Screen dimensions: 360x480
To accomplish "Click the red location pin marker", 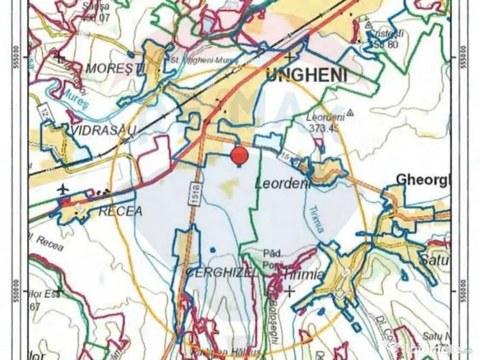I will click(240, 155).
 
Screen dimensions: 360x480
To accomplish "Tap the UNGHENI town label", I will click(307, 75).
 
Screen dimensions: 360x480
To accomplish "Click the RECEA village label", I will click(120, 211).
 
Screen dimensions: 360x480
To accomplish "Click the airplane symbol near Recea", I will click(63, 189).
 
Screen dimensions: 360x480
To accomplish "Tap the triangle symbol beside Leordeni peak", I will click(350, 113).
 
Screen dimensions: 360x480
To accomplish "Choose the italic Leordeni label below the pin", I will click(283, 184).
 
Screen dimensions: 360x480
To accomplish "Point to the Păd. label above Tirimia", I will click(272, 254).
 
